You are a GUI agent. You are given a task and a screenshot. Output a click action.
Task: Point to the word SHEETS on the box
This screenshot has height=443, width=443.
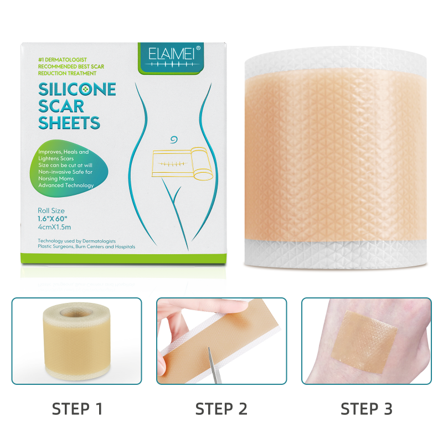point(69,122)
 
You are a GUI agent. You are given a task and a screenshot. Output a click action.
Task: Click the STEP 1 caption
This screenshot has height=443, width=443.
point(77,409)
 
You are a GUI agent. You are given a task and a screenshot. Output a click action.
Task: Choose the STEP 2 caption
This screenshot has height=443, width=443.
point(221,409)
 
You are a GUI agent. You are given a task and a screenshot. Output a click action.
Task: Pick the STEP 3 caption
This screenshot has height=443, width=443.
point(366,409)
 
